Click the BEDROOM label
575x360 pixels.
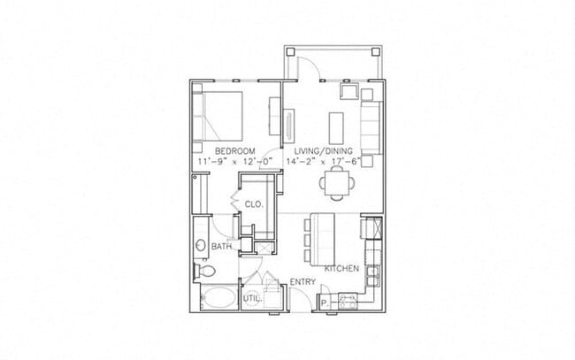[x=234, y=151]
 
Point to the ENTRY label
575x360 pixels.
[x=303, y=282]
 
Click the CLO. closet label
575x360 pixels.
[x=255, y=204]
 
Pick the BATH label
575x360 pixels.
[x=221, y=247]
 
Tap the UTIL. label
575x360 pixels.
[x=252, y=299]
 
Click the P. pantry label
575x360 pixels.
[x=324, y=301]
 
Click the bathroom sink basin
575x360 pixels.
[x=202, y=245]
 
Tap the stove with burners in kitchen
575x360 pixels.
[x=347, y=301]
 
